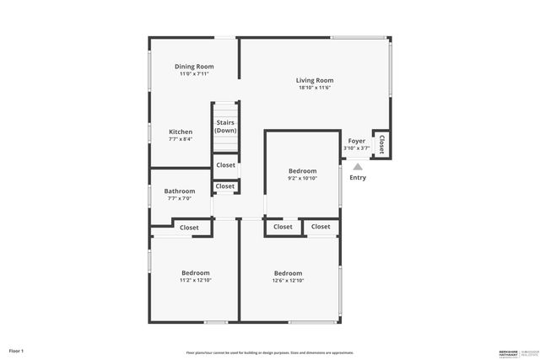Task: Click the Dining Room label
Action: click(194, 67)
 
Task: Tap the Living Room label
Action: click(315, 80)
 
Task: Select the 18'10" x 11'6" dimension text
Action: click(315, 88)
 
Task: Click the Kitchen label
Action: click(181, 132)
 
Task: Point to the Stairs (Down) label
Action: click(225, 126)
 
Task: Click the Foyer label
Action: click(357, 141)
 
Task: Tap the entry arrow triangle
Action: click(357, 166)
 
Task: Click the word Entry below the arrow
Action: click(358, 177)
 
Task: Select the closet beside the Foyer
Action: click(381, 143)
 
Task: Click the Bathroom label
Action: click(180, 191)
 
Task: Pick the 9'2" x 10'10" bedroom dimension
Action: click(302, 178)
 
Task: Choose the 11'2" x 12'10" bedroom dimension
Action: click(196, 280)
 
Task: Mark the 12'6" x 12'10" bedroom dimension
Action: click(288, 280)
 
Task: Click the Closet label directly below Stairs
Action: click(225, 165)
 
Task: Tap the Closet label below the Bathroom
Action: click(189, 228)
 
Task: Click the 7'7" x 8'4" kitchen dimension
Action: click(181, 139)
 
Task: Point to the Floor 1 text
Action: click(17, 350)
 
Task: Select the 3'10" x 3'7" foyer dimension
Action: click(357, 148)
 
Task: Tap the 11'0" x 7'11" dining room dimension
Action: click(194, 74)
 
